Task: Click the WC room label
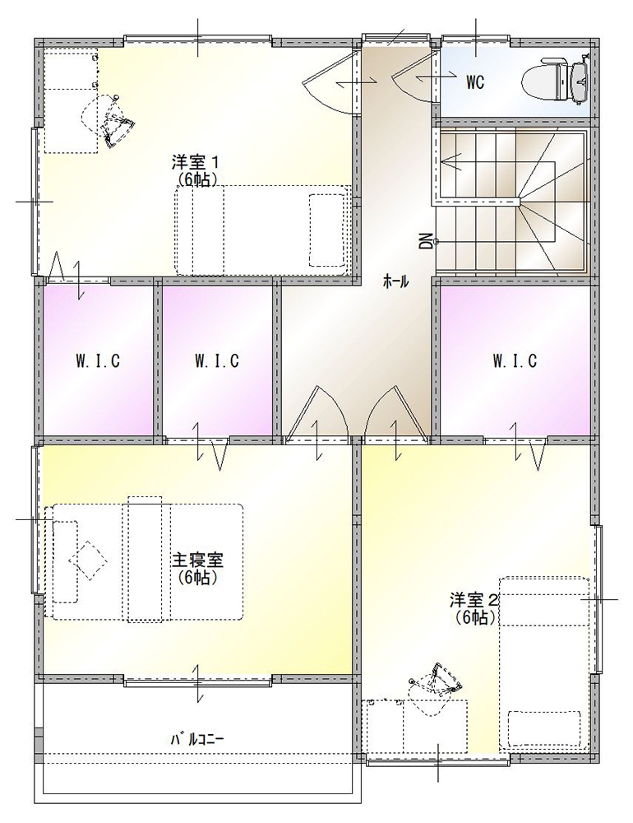[x=474, y=82]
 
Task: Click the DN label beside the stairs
[x=424, y=241]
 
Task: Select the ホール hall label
[x=395, y=281]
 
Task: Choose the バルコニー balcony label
[x=197, y=740]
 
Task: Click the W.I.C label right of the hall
[x=515, y=361]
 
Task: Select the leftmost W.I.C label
[x=98, y=361]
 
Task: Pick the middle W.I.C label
[x=216, y=361]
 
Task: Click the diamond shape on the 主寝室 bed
[x=88, y=560]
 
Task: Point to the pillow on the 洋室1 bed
[x=326, y=230]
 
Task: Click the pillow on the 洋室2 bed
[x=544, y=729]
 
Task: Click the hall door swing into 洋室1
[x=331, y=81]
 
